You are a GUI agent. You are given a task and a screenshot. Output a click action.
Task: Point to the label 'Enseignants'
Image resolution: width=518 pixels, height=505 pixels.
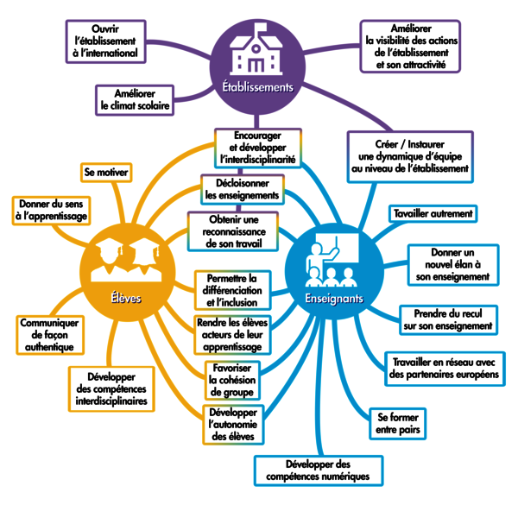(333, 298)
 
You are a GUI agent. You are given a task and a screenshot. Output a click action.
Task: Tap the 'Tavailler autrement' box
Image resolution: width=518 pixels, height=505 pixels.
(433, 212)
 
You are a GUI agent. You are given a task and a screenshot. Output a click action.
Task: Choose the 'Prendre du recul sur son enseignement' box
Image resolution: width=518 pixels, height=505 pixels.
(447, 319)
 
